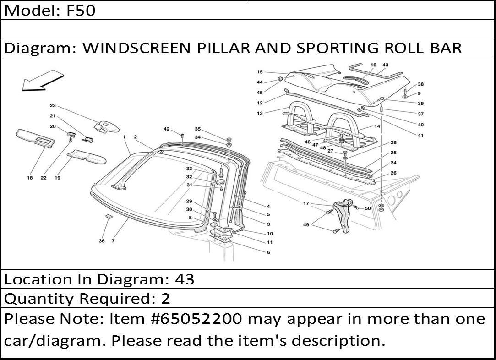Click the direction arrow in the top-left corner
pos(42,81)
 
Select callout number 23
pos(53,106)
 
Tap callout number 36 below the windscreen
pos(102,241)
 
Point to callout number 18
pos(30,178)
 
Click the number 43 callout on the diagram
pos(385,65)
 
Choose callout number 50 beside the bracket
pos(368,208)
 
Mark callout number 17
pos(306,203)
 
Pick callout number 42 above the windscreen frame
pos(166,129)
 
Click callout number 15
pos(260,72)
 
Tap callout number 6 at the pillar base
pos(268,252)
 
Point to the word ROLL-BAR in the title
pos(423,48)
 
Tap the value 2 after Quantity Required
pos(165,299)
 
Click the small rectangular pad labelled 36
pos(109,217)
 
